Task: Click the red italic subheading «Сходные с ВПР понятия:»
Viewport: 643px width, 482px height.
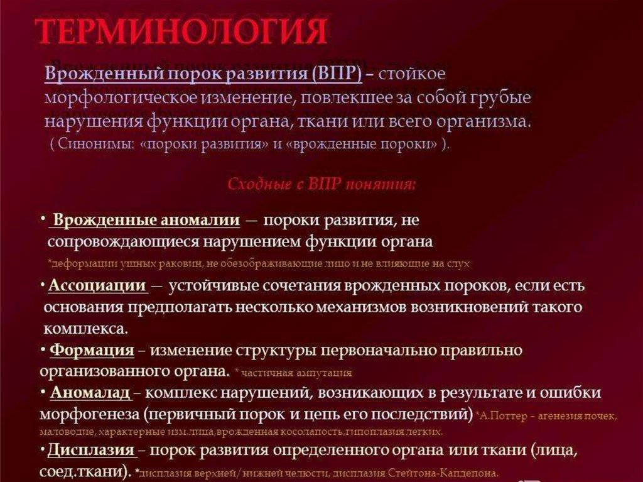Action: pos(321,185)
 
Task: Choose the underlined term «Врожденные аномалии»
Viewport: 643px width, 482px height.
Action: pos(146,221)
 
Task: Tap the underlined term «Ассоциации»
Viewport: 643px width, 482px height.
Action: pos(97,286)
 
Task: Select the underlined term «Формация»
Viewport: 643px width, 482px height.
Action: pos(92,350)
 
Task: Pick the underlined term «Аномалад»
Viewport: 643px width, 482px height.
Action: pos(90,393)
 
